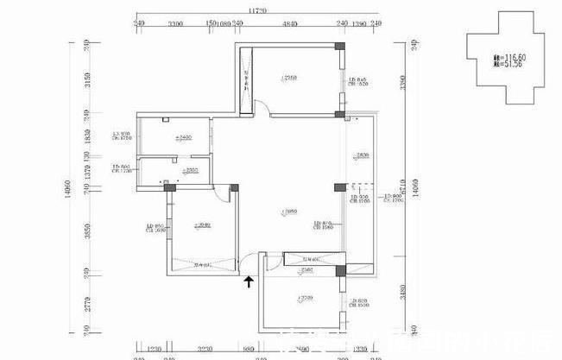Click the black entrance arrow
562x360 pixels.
point(249,280)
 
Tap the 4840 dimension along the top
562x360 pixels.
point(290,26)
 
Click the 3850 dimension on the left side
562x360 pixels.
point(87,231)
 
